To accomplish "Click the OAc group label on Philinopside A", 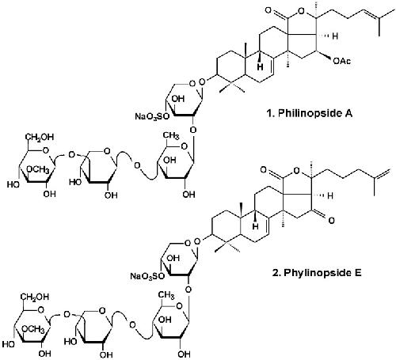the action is point(341,61).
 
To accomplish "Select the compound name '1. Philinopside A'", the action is point(310,113).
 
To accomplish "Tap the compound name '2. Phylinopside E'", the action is point(317,272).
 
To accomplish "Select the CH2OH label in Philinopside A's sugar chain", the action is point(40,137).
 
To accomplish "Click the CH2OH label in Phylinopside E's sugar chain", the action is point(35,297).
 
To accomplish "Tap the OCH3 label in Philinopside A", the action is point(38,169).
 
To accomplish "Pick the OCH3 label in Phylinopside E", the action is point(33,329).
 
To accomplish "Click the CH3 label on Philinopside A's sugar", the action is point(171,136).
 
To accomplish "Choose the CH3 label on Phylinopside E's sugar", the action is point(166,295).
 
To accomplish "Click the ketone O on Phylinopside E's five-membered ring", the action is point(332,220).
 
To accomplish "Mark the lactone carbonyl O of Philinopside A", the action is point(268,10).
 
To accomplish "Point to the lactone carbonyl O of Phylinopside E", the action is point(263,169).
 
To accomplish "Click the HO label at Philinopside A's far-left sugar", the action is point(13,184).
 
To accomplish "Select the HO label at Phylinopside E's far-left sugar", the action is point(9,344).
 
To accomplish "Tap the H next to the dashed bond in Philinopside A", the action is point(335,36).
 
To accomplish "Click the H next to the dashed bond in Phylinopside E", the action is point(330,195).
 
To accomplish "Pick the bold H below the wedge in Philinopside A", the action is point(261,66).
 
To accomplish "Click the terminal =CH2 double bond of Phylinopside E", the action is point(382,174).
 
